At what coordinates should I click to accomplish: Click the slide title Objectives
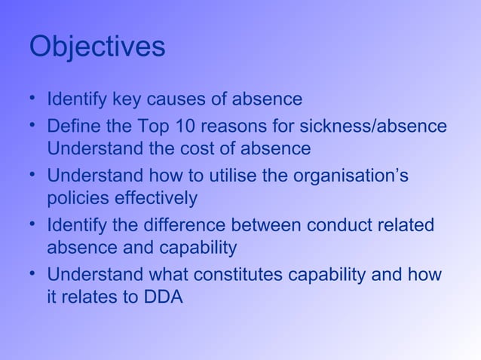pyautogui.click(x=97, y=47)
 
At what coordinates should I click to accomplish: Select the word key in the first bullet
pyautogui.click(x=127, y=99)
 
